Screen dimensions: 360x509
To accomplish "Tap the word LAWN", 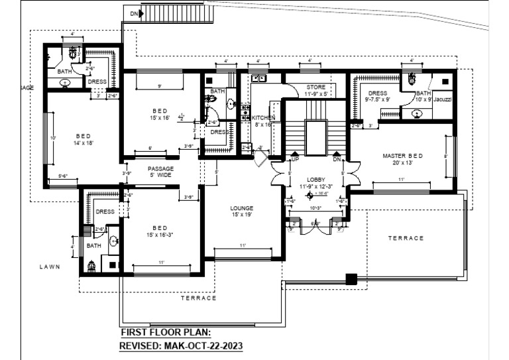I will coord(49,267).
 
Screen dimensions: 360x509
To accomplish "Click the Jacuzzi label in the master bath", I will coord(443,99).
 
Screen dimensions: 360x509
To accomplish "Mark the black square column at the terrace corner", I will coord(351,278).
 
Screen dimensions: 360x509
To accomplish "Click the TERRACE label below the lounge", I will coord(199,298).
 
